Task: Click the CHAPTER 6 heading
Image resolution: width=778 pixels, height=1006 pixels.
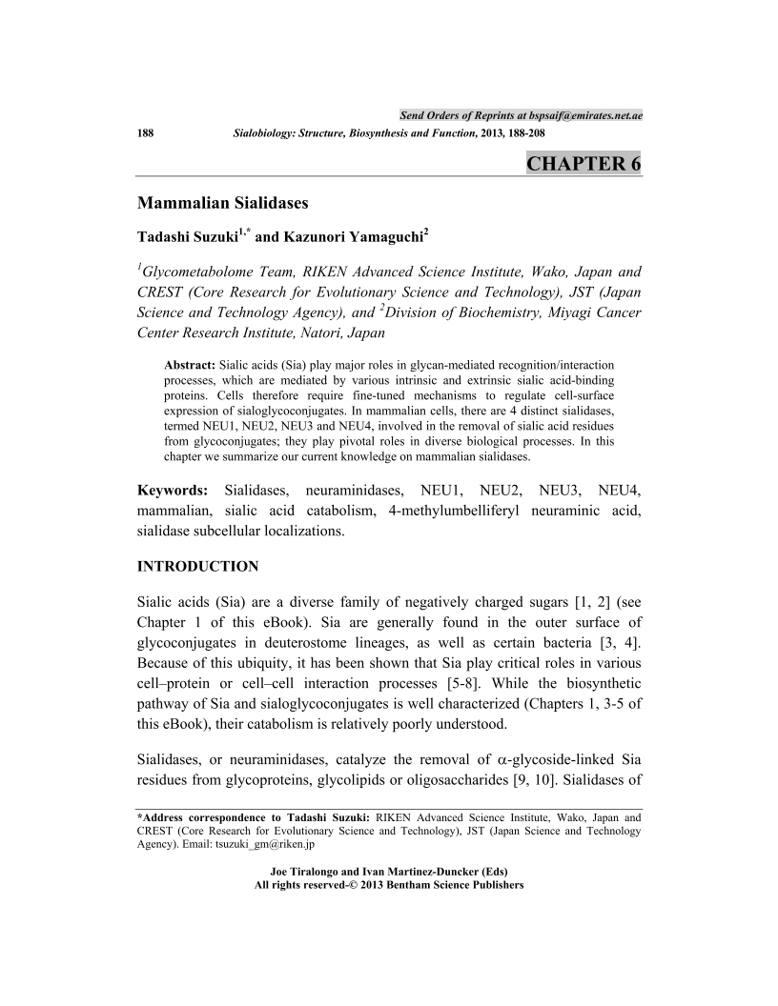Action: point(583,164)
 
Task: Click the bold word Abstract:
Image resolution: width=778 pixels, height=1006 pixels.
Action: point(191,365)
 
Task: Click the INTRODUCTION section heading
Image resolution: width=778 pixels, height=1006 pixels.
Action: point(198,567)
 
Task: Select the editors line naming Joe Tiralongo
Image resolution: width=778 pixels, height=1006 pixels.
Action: point(389,872)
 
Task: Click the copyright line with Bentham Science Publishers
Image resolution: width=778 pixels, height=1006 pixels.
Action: point(389,885)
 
